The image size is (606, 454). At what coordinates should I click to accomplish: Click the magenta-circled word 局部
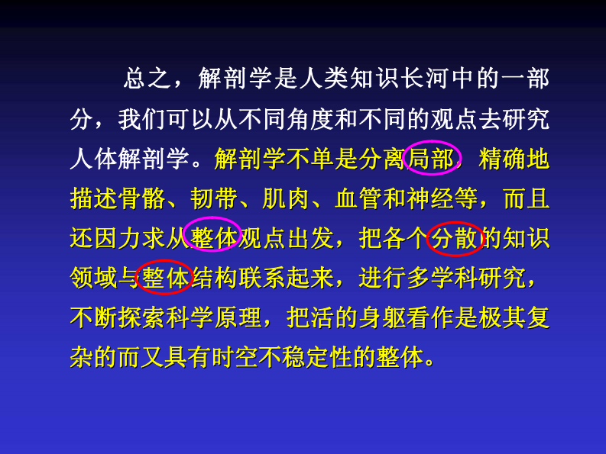tap(432, 158)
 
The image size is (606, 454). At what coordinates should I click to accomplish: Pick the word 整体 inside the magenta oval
tap(214, 238)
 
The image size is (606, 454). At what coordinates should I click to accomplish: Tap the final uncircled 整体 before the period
tap(400, 357)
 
